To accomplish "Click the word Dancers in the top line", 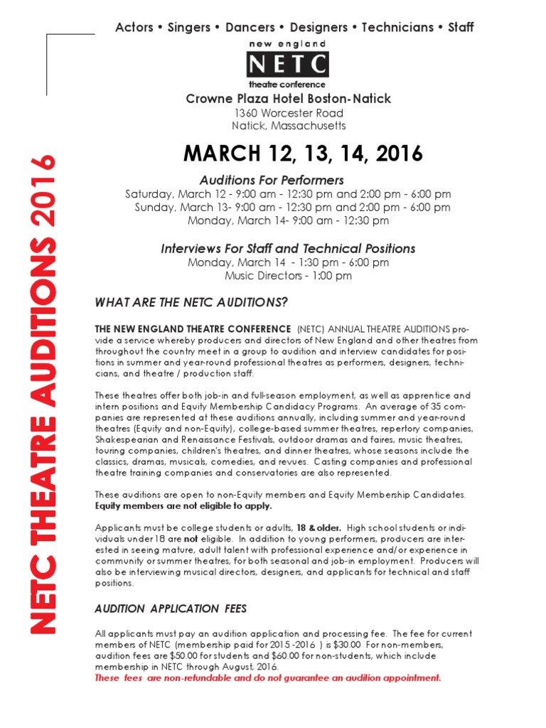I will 250,28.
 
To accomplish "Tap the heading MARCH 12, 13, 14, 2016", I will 303,153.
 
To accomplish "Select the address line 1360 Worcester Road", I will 289,113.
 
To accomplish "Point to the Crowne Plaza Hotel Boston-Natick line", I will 289,99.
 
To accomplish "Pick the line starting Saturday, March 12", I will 288,194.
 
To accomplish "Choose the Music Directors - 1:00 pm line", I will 288,276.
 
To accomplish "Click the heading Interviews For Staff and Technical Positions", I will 288,249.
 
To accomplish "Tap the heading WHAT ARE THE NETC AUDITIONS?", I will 191,303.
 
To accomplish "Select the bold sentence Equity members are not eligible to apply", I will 183,506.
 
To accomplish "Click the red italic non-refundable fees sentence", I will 268,678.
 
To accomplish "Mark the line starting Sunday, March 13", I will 292,208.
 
